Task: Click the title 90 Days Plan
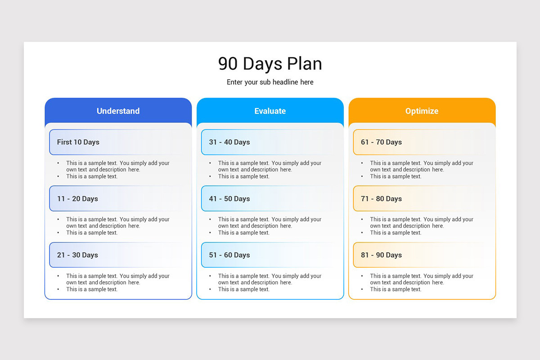pos(270,64)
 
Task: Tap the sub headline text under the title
pos(270,82)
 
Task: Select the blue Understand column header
pos(118,111)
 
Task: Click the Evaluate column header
pos(270,111)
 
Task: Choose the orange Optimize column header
pos(422,111)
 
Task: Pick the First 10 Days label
pos(78,142)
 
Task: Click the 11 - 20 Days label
pos(77,199)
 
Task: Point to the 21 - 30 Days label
pos(77,255)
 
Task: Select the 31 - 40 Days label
pos(229,142)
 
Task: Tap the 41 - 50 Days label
pos(229,199)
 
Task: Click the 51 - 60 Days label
pos(229,255)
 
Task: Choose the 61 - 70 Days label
pos(381,142)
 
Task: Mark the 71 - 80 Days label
pos(381,199)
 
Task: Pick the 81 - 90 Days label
pos(381,255)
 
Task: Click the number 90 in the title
pos(228,64)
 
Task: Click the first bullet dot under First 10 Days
pos(58,163)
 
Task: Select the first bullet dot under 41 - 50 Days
pos(210,220)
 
